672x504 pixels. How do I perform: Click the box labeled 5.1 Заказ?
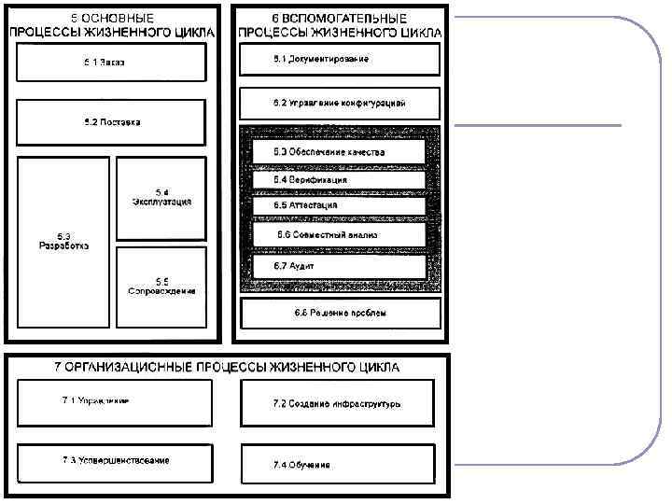110,63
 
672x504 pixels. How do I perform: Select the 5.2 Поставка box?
110,122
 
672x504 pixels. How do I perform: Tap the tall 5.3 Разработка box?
63,242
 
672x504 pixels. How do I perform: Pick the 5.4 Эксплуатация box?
161,198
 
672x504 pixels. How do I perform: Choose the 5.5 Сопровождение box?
161,287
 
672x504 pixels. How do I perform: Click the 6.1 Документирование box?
340,60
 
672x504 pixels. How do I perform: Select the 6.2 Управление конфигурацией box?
340,103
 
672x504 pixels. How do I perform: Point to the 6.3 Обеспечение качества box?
340,151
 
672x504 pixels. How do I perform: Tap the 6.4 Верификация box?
340,179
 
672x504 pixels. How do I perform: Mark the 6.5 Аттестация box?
340,205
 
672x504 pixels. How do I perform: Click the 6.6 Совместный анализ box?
340,234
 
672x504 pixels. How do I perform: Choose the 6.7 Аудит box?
340,266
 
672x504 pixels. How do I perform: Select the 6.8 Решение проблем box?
340,313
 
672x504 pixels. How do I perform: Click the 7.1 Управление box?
114,402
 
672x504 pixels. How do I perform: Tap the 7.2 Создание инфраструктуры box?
337,404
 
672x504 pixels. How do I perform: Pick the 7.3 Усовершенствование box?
114,462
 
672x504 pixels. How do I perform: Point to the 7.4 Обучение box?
337,464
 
